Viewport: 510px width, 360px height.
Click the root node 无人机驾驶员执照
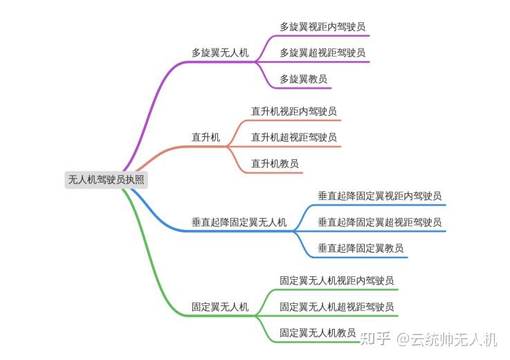click(107, 179)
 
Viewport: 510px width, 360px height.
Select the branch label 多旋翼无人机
click(220, 53)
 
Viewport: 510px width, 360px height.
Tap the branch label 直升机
click(206, 138)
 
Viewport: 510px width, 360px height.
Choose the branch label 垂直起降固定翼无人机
click(239, 222)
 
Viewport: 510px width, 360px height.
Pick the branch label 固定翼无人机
click(220, 307)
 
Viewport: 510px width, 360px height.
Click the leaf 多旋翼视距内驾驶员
click(322, 27)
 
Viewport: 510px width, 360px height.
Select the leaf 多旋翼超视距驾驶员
click(322, 53)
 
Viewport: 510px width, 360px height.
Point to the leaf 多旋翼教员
click(303, 78)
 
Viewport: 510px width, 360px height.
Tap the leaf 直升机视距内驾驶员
click(293, 111)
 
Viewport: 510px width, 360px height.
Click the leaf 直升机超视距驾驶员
click(293, 137)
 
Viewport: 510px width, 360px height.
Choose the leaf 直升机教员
click(275, 163)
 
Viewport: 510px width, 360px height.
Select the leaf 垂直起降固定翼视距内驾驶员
click(379, 196)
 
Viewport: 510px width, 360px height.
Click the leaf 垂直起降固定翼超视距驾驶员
click(379, 222)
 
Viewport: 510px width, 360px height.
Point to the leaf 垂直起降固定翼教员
click(361, 248)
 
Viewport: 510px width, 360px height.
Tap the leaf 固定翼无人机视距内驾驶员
click(337, 280)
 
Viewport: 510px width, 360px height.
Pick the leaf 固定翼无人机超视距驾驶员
click(337, 307)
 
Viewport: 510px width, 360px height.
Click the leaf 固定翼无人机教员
click(318, 333)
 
